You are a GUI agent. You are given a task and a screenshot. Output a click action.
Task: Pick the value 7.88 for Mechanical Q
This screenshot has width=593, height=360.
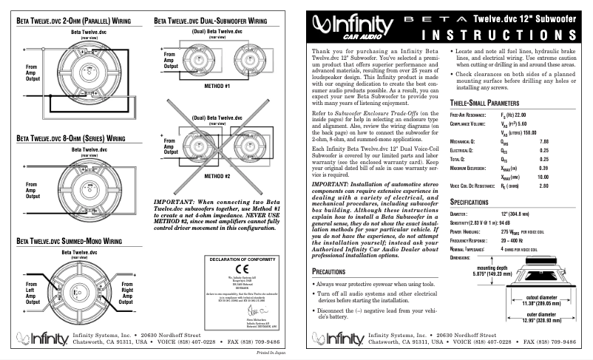click(565, 140)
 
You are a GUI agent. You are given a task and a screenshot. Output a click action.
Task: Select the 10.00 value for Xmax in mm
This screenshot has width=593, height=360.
click(563, 177)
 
